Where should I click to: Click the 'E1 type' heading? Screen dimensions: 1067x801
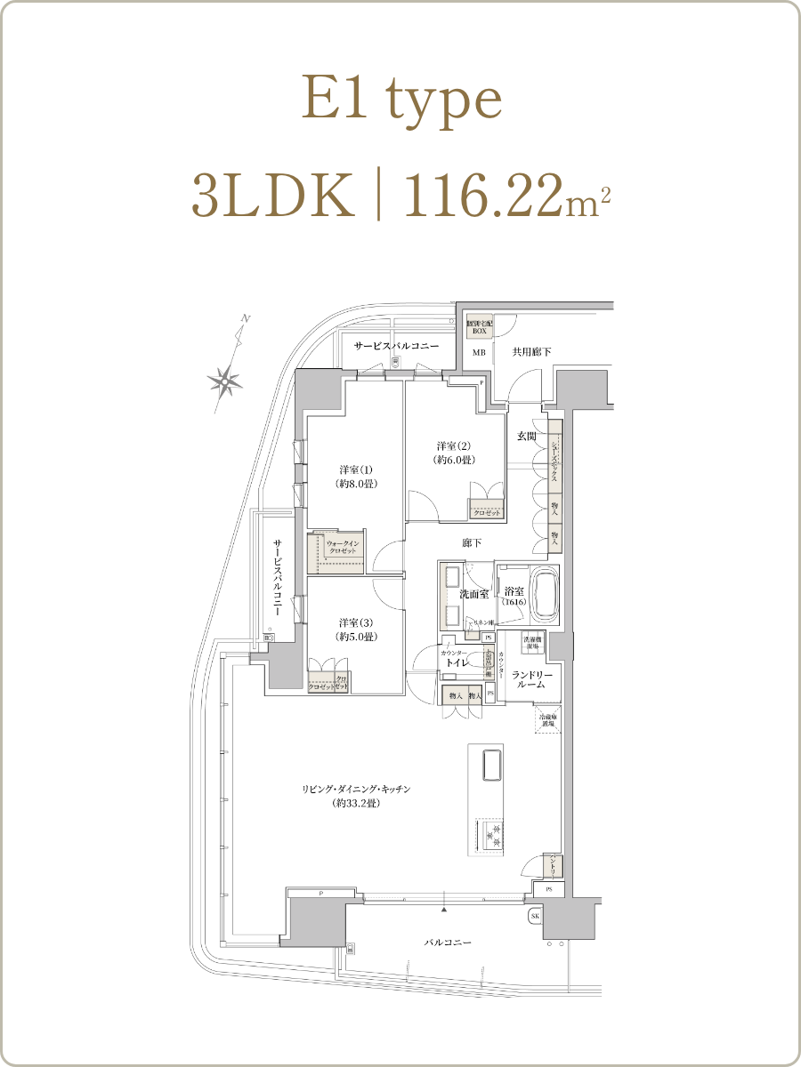[401, 100]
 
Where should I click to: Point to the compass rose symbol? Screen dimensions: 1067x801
[225, 380]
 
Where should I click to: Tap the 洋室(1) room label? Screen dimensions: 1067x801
[355, 477]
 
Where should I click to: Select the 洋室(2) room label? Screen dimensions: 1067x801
[453, 453]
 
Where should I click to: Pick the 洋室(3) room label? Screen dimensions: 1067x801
[355, 630]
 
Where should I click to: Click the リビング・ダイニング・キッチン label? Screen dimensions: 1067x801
[355, 796]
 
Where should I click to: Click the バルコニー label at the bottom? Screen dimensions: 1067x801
[448, 943]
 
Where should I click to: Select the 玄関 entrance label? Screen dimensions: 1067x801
[526, 437]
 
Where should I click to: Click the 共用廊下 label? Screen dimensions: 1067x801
[531, 353]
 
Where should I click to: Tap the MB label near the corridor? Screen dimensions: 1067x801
[479, 353]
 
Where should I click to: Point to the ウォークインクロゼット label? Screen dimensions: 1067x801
[342, 548]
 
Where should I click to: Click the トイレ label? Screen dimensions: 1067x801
[458, 662]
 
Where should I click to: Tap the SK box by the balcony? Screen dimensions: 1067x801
[535, 916]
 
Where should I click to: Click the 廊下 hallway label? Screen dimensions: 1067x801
[472, 542]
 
